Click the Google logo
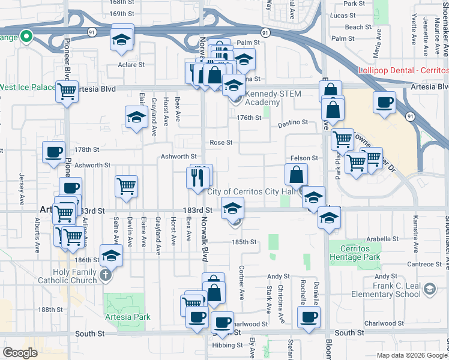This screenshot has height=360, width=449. pos(20,353)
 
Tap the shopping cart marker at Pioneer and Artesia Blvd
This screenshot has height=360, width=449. pos(67,92)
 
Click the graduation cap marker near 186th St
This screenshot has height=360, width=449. pos(111,256)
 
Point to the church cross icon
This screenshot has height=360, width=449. pos(106,276)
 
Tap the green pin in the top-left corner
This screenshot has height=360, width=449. pos(26,37)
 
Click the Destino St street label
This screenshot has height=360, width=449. pos(292,122)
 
